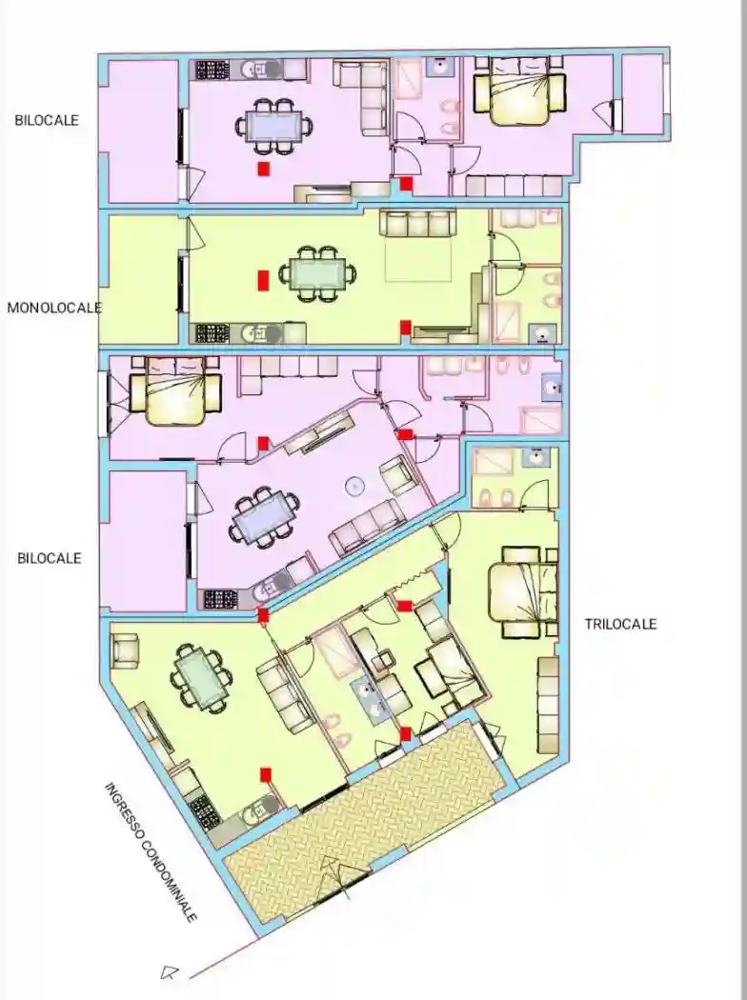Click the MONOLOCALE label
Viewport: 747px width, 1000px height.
[54, 308]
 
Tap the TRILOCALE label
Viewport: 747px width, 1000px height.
[620, 625]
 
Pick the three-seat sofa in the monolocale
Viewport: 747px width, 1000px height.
[418, 224]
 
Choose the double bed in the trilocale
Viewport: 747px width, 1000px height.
[524, 591]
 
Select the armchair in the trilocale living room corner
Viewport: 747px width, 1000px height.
[125, 650]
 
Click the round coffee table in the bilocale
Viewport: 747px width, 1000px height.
[354, 487]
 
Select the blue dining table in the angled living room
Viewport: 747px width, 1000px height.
[264, 517]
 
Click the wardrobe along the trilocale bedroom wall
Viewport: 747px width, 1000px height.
[547, 704]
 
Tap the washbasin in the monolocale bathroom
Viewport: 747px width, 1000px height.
[542, 332]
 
